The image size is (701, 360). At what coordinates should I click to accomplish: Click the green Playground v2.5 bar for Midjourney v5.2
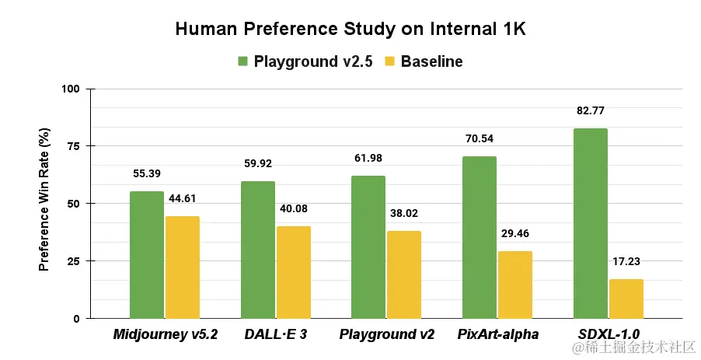coord(147,255)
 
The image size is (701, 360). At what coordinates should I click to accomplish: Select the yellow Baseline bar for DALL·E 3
coord(294,272)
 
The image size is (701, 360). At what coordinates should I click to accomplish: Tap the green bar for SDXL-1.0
coord(591,223)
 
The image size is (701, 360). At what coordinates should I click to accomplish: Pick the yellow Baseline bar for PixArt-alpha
coord(515,285)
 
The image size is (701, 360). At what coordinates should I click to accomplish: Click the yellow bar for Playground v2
coord(404,274)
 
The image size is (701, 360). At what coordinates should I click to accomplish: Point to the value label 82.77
coord(591,111)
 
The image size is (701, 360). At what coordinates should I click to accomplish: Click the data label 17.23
coord(626,261)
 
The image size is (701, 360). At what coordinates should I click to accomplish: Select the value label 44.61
coord(183,199)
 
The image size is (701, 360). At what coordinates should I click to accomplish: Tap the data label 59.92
coord(258,164)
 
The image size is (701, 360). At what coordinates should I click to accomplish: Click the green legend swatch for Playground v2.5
coord(242,61)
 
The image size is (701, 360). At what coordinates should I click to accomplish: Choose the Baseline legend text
coord(431,61)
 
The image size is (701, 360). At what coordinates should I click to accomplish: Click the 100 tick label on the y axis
coord(71,89)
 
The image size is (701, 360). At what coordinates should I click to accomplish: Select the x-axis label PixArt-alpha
coord(497,335)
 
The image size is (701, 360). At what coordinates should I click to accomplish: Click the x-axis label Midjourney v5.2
coord(165,335)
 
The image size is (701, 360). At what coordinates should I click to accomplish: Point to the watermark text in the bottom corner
coord(633,347)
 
